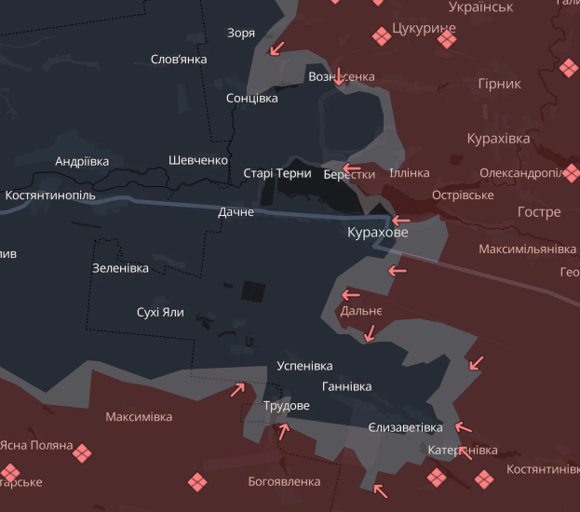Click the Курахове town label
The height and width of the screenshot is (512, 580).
point(377,233)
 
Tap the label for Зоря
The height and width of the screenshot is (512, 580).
point(241,34)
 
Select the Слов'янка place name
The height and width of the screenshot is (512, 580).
point(179,60)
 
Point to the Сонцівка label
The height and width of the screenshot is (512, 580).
point(251,98)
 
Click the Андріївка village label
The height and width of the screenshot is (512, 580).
point(82,161)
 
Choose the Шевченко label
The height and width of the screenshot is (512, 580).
point(198,160)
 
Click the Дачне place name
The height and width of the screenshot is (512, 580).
point(236,212)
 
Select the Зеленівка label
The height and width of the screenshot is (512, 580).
point(120,268)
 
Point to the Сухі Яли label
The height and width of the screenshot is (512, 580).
point(160,312)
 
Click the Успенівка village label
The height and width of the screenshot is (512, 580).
point(304,366)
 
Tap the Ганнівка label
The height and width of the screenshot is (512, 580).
point(346,386)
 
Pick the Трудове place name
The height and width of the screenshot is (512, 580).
point(286,406)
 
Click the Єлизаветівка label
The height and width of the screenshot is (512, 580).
point(405,427)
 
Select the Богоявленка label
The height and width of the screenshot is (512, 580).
point(284,481)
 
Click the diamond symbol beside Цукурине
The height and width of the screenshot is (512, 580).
point(381,36)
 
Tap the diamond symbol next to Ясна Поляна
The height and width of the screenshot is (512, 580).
point(83,452)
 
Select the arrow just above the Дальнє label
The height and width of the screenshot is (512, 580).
point(351,295)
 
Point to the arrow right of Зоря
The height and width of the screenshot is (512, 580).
point(276,48)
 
